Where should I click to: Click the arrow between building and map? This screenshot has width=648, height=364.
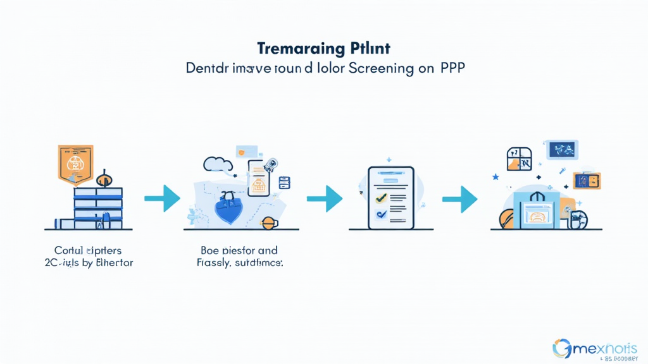(x=163, y=198)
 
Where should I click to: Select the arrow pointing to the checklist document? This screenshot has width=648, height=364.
(x=324, y=198)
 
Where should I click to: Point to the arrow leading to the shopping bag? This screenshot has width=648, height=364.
(x=459, y=198)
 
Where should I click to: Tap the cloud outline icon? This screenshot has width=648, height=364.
(x=217, y=164)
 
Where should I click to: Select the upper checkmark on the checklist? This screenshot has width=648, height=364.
(x=381, y=197)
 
